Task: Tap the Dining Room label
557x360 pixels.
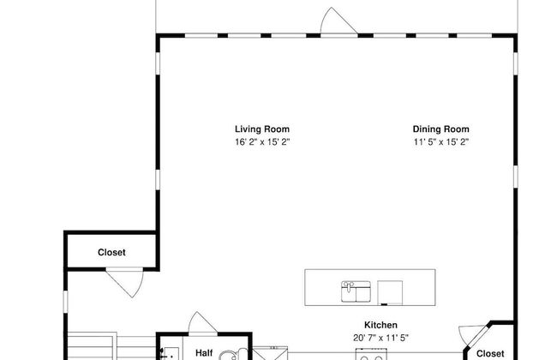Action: click(x=440, y=129)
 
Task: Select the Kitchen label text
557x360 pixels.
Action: click(x=380, y=325)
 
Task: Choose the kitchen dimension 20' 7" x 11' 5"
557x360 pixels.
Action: click(x=380, y=337)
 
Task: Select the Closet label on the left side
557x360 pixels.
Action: click(x=111, y=252)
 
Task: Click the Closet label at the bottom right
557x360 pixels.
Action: click(x=489, y=352)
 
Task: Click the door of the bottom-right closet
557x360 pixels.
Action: click(x=469, y=333)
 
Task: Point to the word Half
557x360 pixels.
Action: click(x=204, y=352)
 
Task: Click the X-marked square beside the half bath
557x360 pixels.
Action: click(x=276, y=353)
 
